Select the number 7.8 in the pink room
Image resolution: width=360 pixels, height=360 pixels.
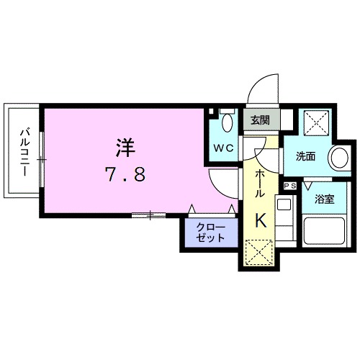[126, 175]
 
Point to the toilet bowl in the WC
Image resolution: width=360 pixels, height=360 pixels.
[228, 123]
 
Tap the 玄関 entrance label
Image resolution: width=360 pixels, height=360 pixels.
[259, 120]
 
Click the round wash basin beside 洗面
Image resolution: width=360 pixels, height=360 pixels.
[338, 158]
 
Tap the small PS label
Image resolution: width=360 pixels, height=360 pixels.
[290, 186]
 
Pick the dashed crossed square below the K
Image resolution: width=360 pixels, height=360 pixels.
[258, 253]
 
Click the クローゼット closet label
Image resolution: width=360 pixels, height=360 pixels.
[209, 233]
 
